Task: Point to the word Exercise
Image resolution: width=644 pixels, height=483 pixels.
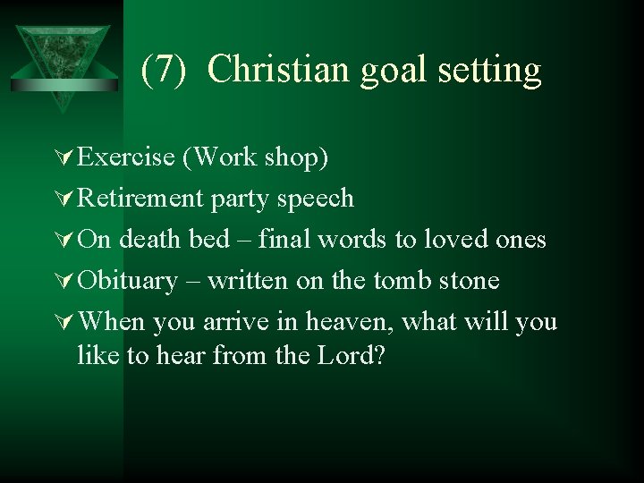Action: tap(126, 157)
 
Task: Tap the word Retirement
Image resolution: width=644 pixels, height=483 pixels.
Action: tap(140, 199)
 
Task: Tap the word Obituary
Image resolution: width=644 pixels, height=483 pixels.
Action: tap(128, 282)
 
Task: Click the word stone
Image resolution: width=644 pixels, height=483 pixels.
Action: tap(468, 281)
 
